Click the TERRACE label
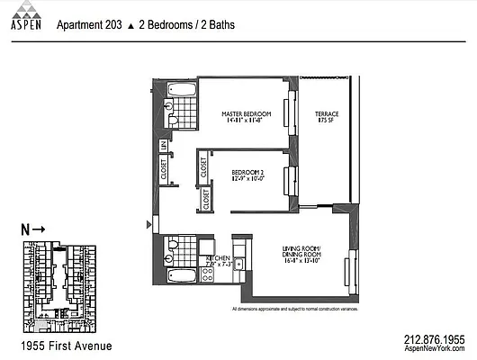coord(326,114)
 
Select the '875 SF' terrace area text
coord(326,122)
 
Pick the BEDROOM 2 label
coord(247,171)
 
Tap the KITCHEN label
coord(220,257)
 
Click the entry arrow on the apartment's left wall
coord(149,223)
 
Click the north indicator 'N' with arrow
coord(32,230)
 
